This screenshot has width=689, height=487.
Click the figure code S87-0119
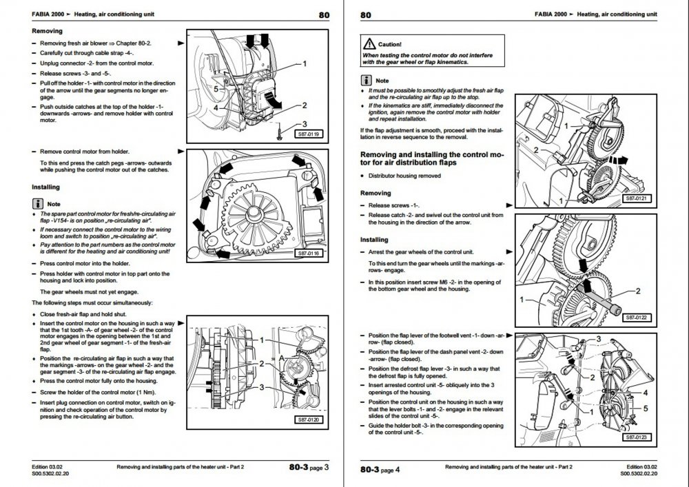[309, 134]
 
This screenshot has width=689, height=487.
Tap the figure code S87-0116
[309, 253]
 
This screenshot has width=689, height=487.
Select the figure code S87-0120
[309, 419]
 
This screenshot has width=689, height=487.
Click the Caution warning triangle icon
[369, 43]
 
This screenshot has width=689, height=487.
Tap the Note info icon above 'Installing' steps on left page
[38, 204]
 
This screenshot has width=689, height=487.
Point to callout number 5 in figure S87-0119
[216, 89]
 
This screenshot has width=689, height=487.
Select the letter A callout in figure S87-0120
[282, 358]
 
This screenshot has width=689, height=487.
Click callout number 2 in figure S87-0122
[638, 291]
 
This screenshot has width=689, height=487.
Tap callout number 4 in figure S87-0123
[645, 393]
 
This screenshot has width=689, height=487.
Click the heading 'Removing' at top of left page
[47, 31]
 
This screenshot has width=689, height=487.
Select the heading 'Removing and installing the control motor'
[432, 158]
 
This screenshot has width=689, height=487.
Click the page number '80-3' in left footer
[299, 467]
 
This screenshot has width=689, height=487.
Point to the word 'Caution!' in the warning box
[390, 44]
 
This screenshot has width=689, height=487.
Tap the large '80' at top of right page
[366, 15]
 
